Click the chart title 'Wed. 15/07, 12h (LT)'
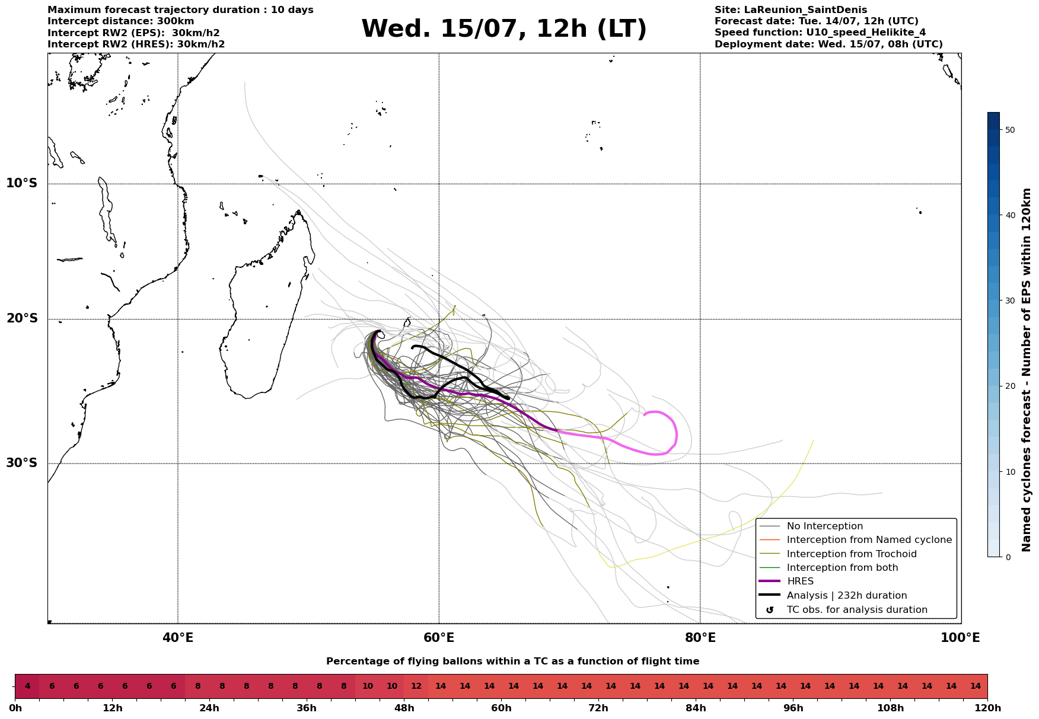pyautogui.click(x=504, y=29)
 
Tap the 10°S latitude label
pyautogui.click(x=22, y=183)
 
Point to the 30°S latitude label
pyautogui.click(x=22, y=463)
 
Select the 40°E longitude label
pyautogui.click(x=178, y=638)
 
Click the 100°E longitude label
pyautogui.click(x=960, y=638)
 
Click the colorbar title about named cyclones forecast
pyautogui.click(x=1027, y=370)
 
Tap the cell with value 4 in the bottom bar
pyautogui.click(x=27, y=686)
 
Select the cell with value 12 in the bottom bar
pyautogui.click(x=416, y=686)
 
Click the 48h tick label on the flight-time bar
pyautogui.click(x=404, y=708)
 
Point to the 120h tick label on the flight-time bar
pyautogui.click(x=987, y=708)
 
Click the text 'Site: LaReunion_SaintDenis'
pyautogui.click(x=791, y=10)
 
